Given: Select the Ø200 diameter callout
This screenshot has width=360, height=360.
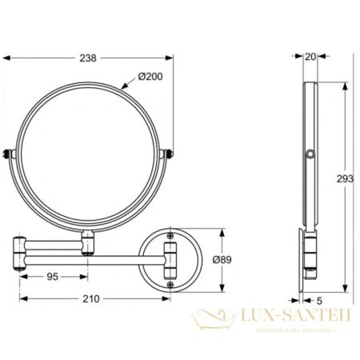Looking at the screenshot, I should [150, 76].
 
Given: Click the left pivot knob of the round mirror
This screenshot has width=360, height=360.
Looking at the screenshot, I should [10, 153].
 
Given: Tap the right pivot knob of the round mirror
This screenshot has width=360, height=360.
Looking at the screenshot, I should [169, 153].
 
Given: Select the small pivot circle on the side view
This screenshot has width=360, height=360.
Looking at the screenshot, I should [308, 153].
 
